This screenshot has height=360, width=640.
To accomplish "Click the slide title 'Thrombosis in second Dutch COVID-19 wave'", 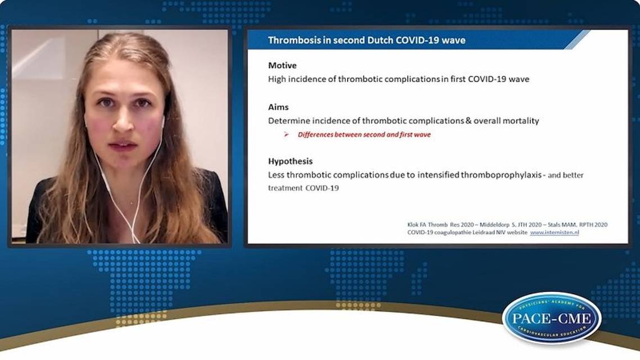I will (366, 40).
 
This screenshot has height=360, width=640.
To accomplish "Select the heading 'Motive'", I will (282, 65).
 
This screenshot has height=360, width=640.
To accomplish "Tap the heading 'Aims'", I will (278, 107).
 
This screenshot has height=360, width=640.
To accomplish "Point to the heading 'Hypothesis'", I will (290, 161).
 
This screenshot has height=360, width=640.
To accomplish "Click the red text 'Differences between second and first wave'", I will (364, 135).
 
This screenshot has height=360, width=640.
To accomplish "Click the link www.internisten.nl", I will (554, 232).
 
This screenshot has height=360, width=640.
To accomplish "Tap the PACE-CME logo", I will (551, 318).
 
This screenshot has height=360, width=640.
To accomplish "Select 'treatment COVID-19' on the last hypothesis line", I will (303, 188).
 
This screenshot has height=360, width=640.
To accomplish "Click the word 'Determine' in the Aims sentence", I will (287, 120).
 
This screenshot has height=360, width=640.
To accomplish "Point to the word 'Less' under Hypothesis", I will (276, 175).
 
